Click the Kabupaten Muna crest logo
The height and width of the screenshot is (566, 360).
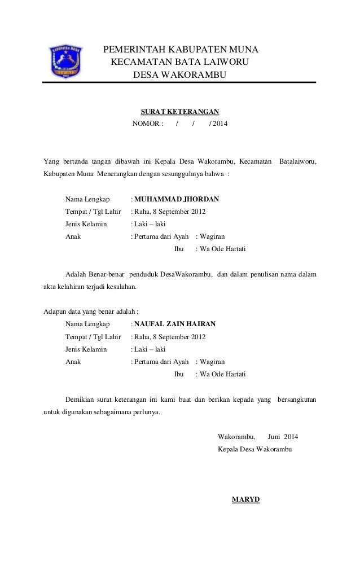pyautogui.click(x=66, y=62)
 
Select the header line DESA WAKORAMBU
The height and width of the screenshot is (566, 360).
pyautogui.click(x=178, y=74)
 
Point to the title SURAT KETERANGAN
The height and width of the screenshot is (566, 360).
pyautogui.click(x=179, y=112)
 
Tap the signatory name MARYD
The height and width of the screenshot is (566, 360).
pyautogui.click(x=246, y=499)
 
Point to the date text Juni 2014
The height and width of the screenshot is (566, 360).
pyautogui.click(x=283, y=437)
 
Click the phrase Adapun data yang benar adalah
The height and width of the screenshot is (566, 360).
pyautogui.click(x=91, y=311)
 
